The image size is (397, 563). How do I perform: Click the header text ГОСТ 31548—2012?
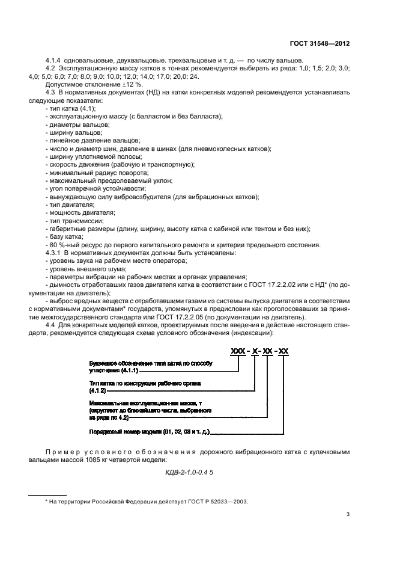tap(320, 44)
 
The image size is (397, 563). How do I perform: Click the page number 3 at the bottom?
tap(348, 514)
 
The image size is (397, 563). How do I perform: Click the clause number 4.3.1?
tap(55, 253)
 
